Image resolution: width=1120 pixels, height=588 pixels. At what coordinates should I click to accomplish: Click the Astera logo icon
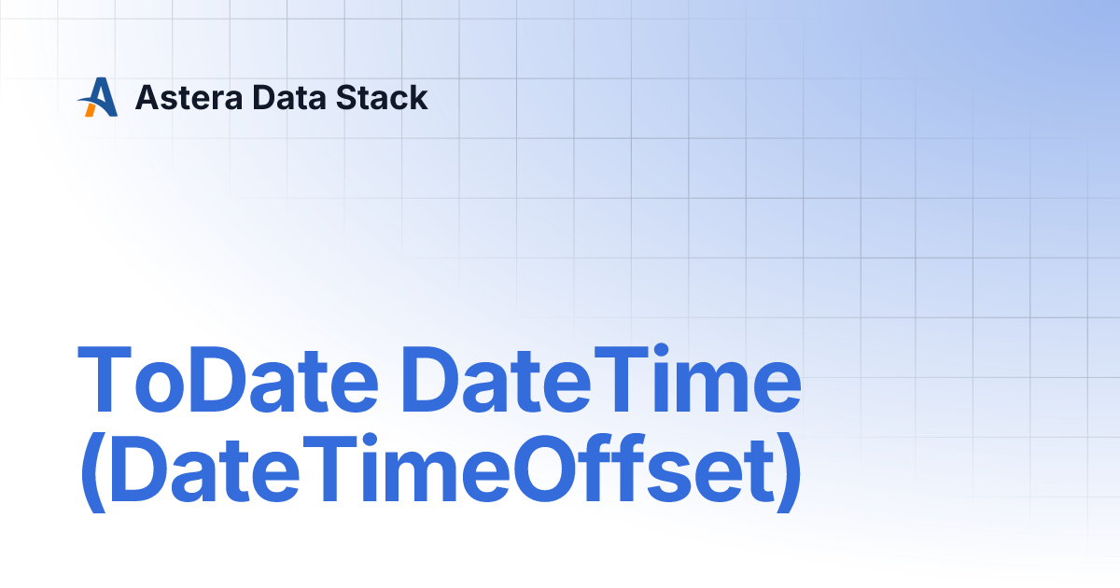coord(98,97)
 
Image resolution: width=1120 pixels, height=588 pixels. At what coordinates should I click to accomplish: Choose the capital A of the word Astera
coord(147,97)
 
